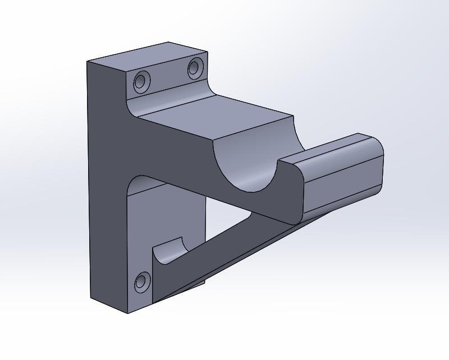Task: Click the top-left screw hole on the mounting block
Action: pos(140,82)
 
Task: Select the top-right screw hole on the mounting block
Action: pos(194,68)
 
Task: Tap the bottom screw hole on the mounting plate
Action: pos(142,282)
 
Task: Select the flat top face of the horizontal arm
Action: pos(219,117)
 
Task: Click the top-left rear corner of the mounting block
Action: pos(87,61)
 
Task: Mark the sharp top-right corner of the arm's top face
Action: pos(294,117)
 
